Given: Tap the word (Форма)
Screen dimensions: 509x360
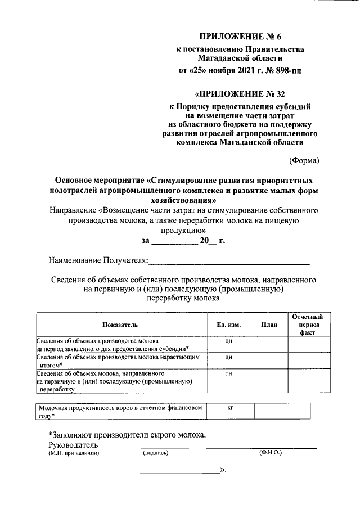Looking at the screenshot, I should click(x=304, y=161).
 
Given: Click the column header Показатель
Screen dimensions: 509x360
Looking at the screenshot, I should click(x=120, y=325).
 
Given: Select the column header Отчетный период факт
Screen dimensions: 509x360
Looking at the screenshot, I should click(x=307, y=325).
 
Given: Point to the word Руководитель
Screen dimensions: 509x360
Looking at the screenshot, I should click(x=74, y=445).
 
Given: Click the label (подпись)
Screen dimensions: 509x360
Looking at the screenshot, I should click(x=156, y=453).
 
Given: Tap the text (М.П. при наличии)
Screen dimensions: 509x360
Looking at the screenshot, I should click(x=73, y=453).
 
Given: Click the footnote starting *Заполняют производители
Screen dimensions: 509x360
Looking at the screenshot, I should click(x=127, y=434).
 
